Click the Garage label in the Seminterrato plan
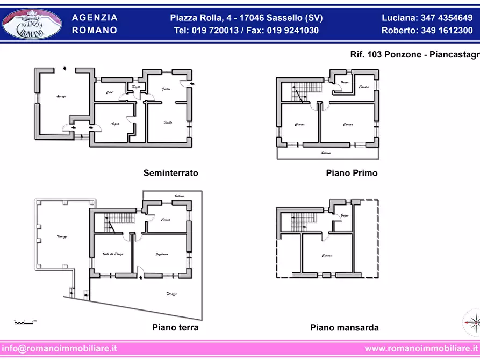tap(61, 97)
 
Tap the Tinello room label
tap(168, 123)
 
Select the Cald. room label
tap(109, 93)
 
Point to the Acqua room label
tap(114, 124)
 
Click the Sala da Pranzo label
tap(113, 254)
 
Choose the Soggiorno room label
tap(162, 254)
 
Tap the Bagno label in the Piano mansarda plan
tap(344, 215)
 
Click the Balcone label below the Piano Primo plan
tap(326, 153)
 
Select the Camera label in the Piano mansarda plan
tap(327, 256)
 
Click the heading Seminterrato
tap(170, 173)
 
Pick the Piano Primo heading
tap(352, 173)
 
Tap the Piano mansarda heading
tap(344, 327)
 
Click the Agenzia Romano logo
tap(32, 24)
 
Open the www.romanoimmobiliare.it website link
tap(421, 348)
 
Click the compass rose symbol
tap(471, 322)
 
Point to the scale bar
tap(25, 321)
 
